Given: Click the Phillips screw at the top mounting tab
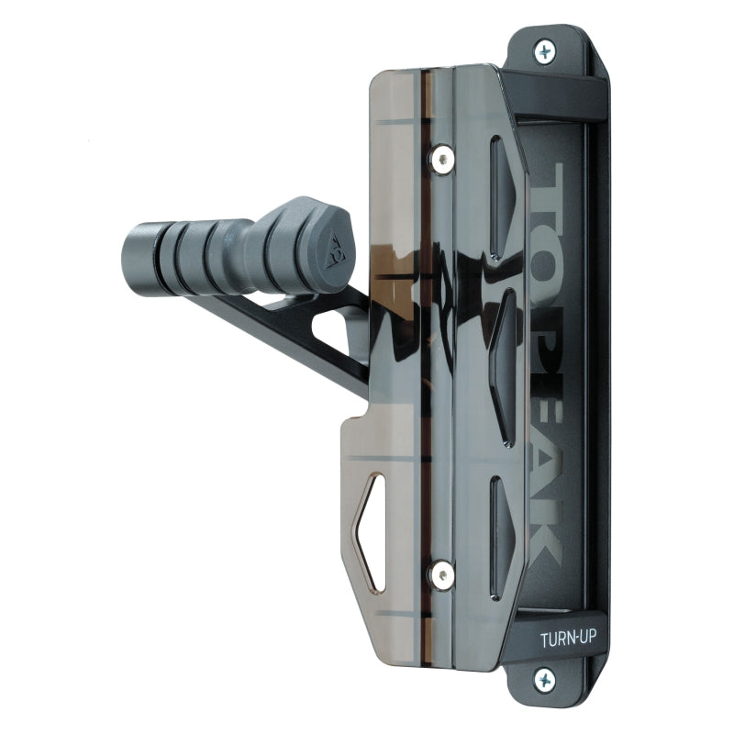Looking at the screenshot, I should tap(547, 51).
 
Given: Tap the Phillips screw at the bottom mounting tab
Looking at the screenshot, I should tap(546, 680).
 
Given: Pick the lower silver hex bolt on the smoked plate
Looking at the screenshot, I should tap(443, 575).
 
